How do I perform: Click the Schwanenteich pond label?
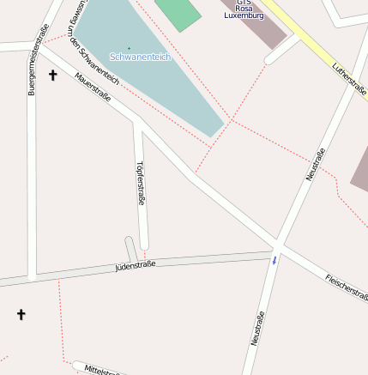coord(140,57)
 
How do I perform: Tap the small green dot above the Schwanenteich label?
coord(130,47)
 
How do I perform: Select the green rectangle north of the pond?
coord(178,12)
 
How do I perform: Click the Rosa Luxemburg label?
coord(244,11)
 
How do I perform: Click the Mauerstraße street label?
coord(93,88)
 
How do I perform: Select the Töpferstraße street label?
coord(141,182)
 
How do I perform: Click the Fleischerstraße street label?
coord(347,288)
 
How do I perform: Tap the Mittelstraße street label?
coord(103,370)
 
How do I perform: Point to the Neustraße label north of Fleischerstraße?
coord(315,164)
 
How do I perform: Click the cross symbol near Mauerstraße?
coord(52,76)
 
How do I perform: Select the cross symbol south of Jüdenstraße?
coord(21,315)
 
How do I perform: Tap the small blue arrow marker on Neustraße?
coord(274,259)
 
